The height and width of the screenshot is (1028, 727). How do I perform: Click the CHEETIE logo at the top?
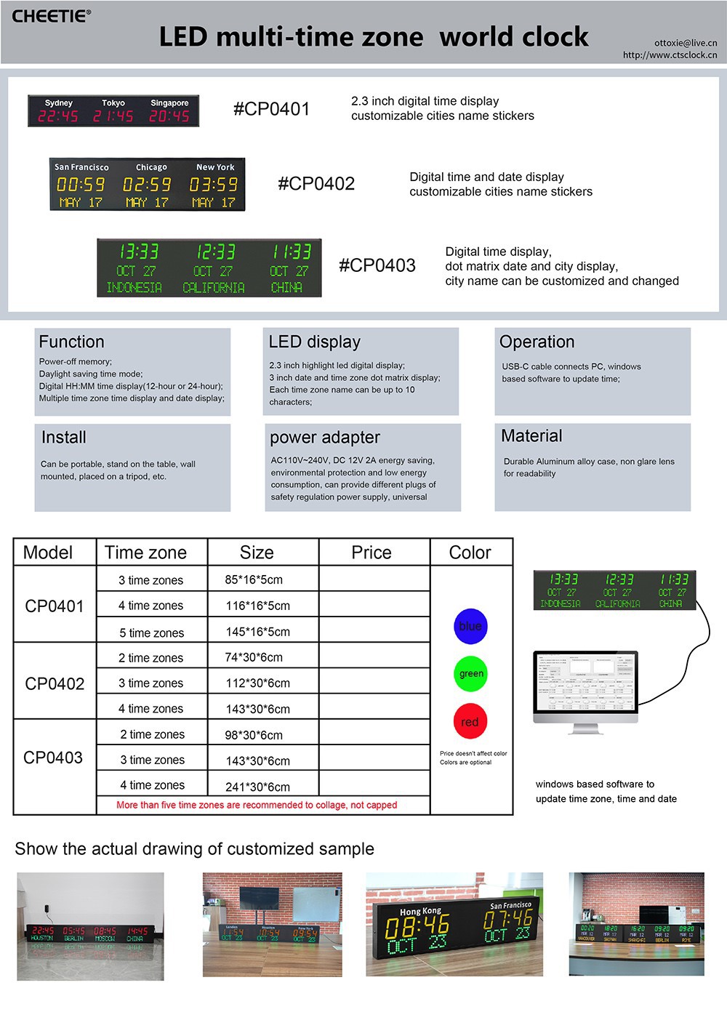(x=51, y=16)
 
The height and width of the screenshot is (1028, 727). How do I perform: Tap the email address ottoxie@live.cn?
(x=685, y=43)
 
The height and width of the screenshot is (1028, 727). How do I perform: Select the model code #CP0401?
(x=271, y=109)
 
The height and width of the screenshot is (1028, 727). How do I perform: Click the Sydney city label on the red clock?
(x=59, y=103)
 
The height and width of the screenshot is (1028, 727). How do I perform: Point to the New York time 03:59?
(x=213, y=185)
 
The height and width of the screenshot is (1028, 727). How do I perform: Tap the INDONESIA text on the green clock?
(x=134, y=288)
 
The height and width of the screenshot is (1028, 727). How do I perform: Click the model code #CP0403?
(x=377, y=265)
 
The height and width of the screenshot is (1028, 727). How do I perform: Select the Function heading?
(x=71, y=342)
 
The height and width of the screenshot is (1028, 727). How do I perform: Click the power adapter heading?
(x=324, y=438)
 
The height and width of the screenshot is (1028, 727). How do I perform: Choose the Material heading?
(x=531, y=436)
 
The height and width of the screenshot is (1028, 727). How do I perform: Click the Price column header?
(x=371, y=553)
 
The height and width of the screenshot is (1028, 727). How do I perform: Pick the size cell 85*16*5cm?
(x=254, y=580)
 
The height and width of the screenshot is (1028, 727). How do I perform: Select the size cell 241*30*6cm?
(x=257, y=787)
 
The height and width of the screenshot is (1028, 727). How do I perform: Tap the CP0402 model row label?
(x=55, y=684)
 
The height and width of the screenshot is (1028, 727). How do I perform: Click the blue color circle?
(x=470, y=626)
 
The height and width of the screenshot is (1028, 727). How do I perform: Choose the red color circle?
(x=470, y=722)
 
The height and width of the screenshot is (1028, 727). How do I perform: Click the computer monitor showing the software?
(x=585, y=687)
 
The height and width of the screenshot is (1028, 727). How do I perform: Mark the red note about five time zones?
(x=257, y=806)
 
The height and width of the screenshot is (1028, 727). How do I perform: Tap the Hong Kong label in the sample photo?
(x=420, y=911)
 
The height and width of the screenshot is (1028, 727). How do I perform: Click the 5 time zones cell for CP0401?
(x=151, y=633)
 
